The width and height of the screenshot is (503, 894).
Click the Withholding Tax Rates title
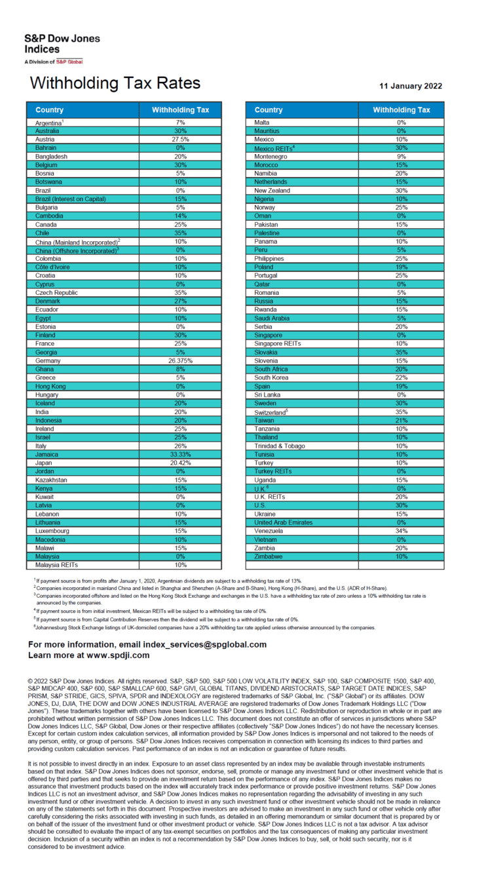tap(115, 84)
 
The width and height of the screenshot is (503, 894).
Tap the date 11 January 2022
tap(411, 86)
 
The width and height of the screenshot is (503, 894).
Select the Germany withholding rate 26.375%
tap(180, 360)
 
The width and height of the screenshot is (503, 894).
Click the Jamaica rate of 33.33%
tap(180, 454)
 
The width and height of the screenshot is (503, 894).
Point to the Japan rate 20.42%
tap(180, 463)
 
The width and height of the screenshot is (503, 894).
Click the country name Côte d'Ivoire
tap(54, 267)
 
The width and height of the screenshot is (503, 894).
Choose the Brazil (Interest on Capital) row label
tap(70, 199)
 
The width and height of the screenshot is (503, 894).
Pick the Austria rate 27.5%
tap(180, 139)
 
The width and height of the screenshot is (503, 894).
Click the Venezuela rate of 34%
tap(401, 531)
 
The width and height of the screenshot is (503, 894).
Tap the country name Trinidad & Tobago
tap(280, 446)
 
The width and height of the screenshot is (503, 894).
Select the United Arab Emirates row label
tap(283, 522)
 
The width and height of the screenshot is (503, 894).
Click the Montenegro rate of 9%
tap(401, 156)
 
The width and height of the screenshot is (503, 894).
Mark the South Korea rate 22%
tap(401, 378)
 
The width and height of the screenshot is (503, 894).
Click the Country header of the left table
tap(50, 110)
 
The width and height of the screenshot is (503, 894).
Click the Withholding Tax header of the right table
tap(401, 110)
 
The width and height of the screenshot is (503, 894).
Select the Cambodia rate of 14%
tap(180, 216)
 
